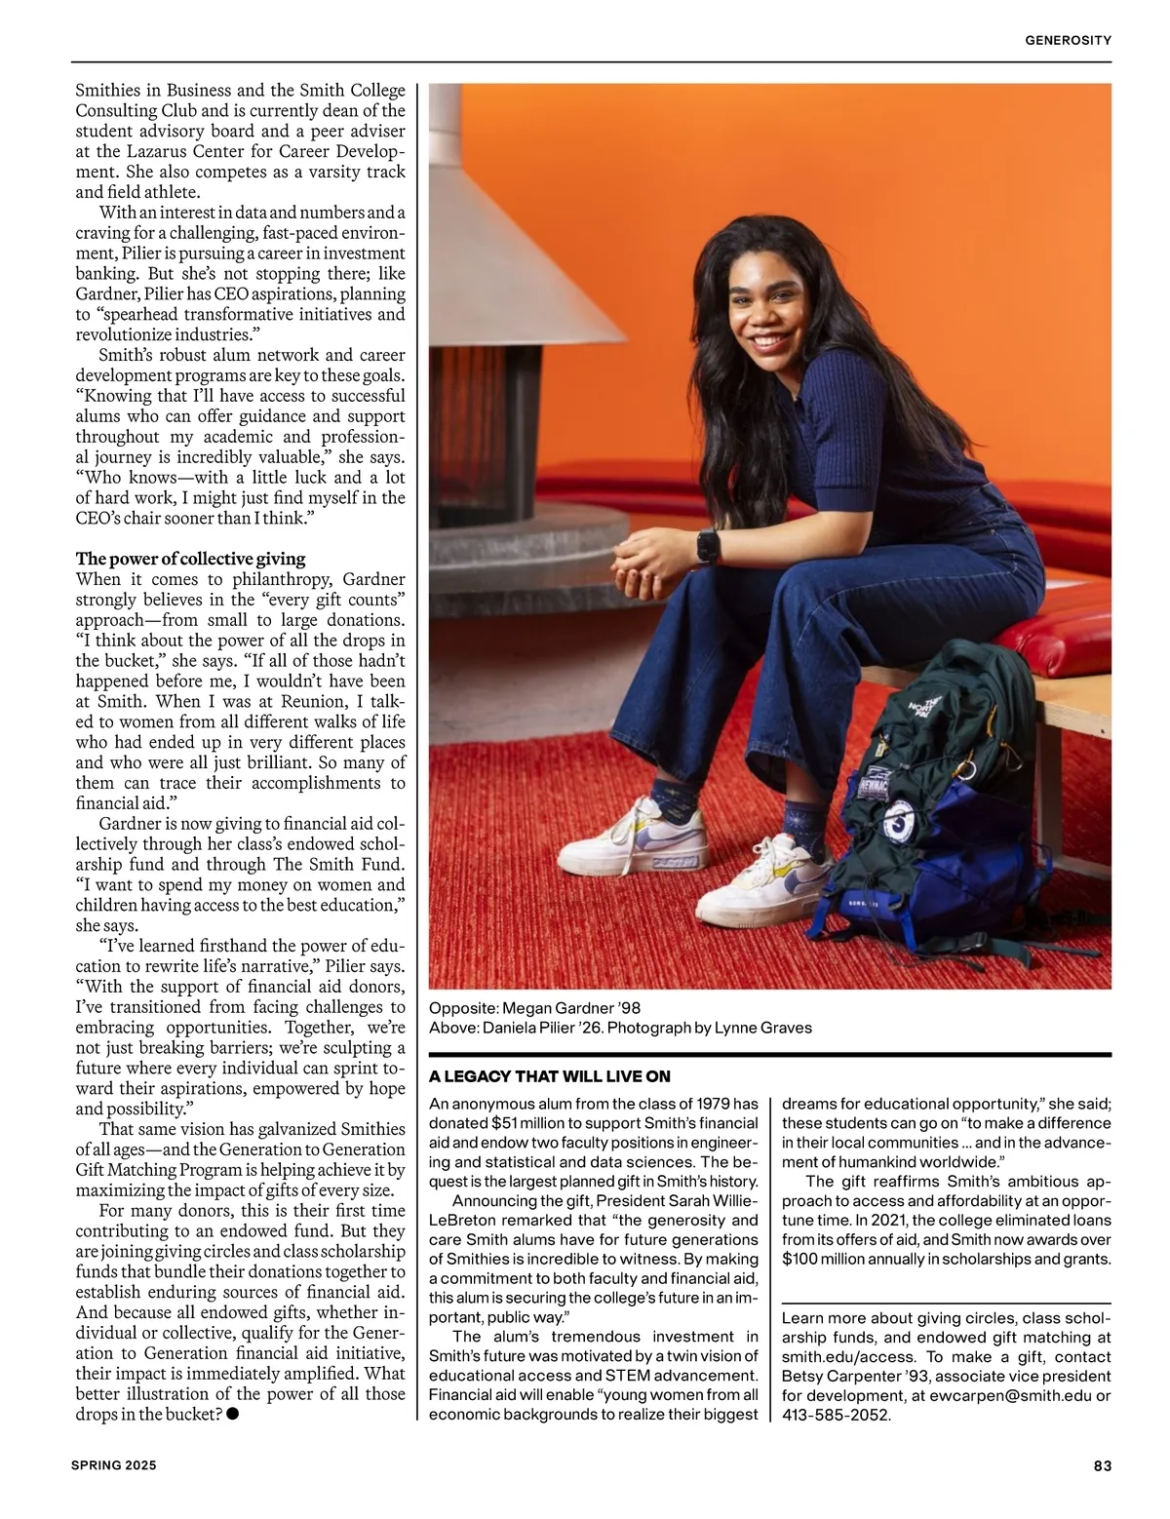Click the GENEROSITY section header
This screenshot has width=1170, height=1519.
[1068, 40]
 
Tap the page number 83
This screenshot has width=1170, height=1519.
[1102, 1465]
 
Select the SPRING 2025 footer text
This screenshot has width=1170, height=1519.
[113, 1465]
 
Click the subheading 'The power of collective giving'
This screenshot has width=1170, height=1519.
[190, 559]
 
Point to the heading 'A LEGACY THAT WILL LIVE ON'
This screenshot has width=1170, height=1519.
[550, 1076]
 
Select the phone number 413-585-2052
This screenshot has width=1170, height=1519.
[836, 1415]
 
